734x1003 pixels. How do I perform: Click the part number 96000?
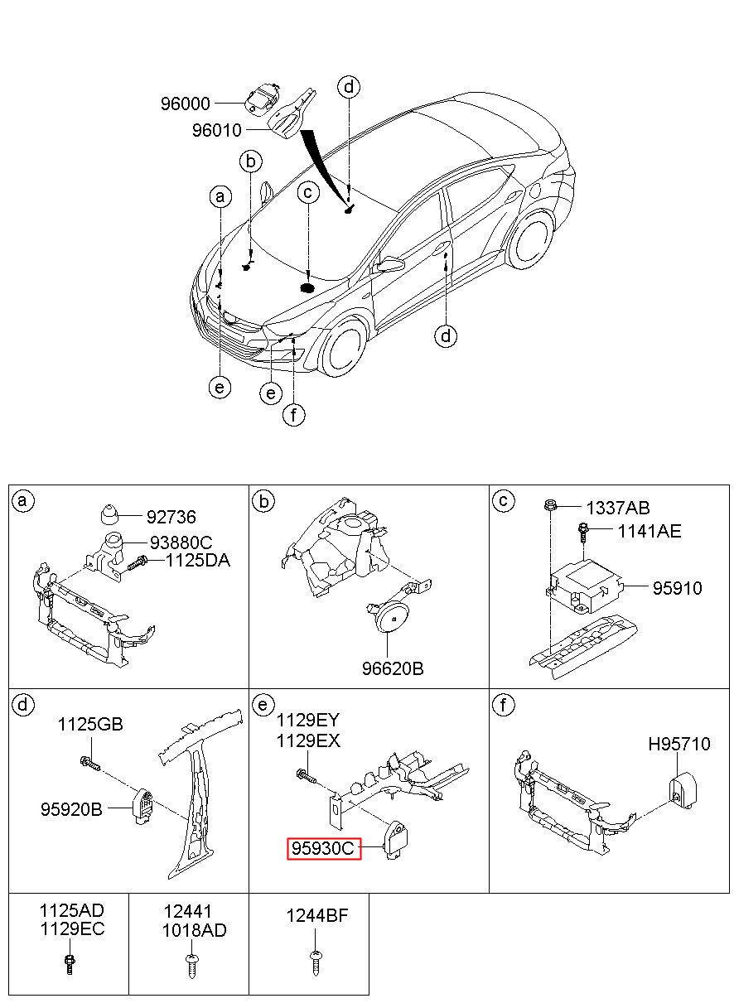point(186,104)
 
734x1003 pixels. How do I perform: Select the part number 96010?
point(217,130)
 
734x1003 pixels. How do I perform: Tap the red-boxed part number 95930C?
point(323,848)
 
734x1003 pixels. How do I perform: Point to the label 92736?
point(171,517)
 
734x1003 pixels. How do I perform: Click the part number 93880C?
point(181,542)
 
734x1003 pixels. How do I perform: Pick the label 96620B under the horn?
point(393,668)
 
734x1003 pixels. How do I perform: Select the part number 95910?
point(677,588)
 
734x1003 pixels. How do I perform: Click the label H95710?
point(679,745)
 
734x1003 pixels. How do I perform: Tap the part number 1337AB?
point(618,508)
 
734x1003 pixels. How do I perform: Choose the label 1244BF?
point(317,916)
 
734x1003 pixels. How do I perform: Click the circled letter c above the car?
point(308,192)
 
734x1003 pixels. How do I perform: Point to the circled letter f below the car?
point(294,415)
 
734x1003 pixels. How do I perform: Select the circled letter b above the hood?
point(251,162)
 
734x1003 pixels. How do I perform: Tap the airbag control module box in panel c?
point(584,586)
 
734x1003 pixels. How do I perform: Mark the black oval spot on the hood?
point(307,288)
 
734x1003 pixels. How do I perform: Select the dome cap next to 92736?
point(109,515)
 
